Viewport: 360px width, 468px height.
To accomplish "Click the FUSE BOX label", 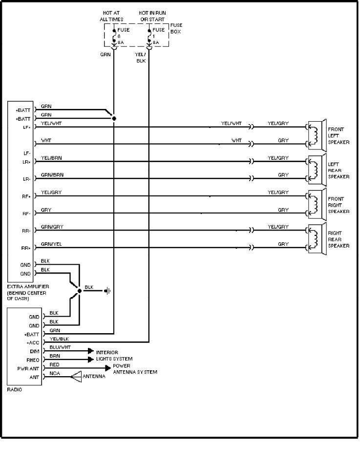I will (176, 28).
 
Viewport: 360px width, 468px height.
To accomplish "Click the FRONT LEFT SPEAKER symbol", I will (318, 135).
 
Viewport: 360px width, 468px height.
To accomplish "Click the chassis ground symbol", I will (108, 292).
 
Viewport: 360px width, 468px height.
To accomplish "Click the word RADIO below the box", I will (15, 390).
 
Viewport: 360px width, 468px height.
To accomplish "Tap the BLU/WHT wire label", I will (60, 347).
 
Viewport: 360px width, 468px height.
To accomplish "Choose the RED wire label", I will (54, 364).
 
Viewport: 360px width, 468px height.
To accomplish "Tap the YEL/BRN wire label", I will (52, 158).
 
